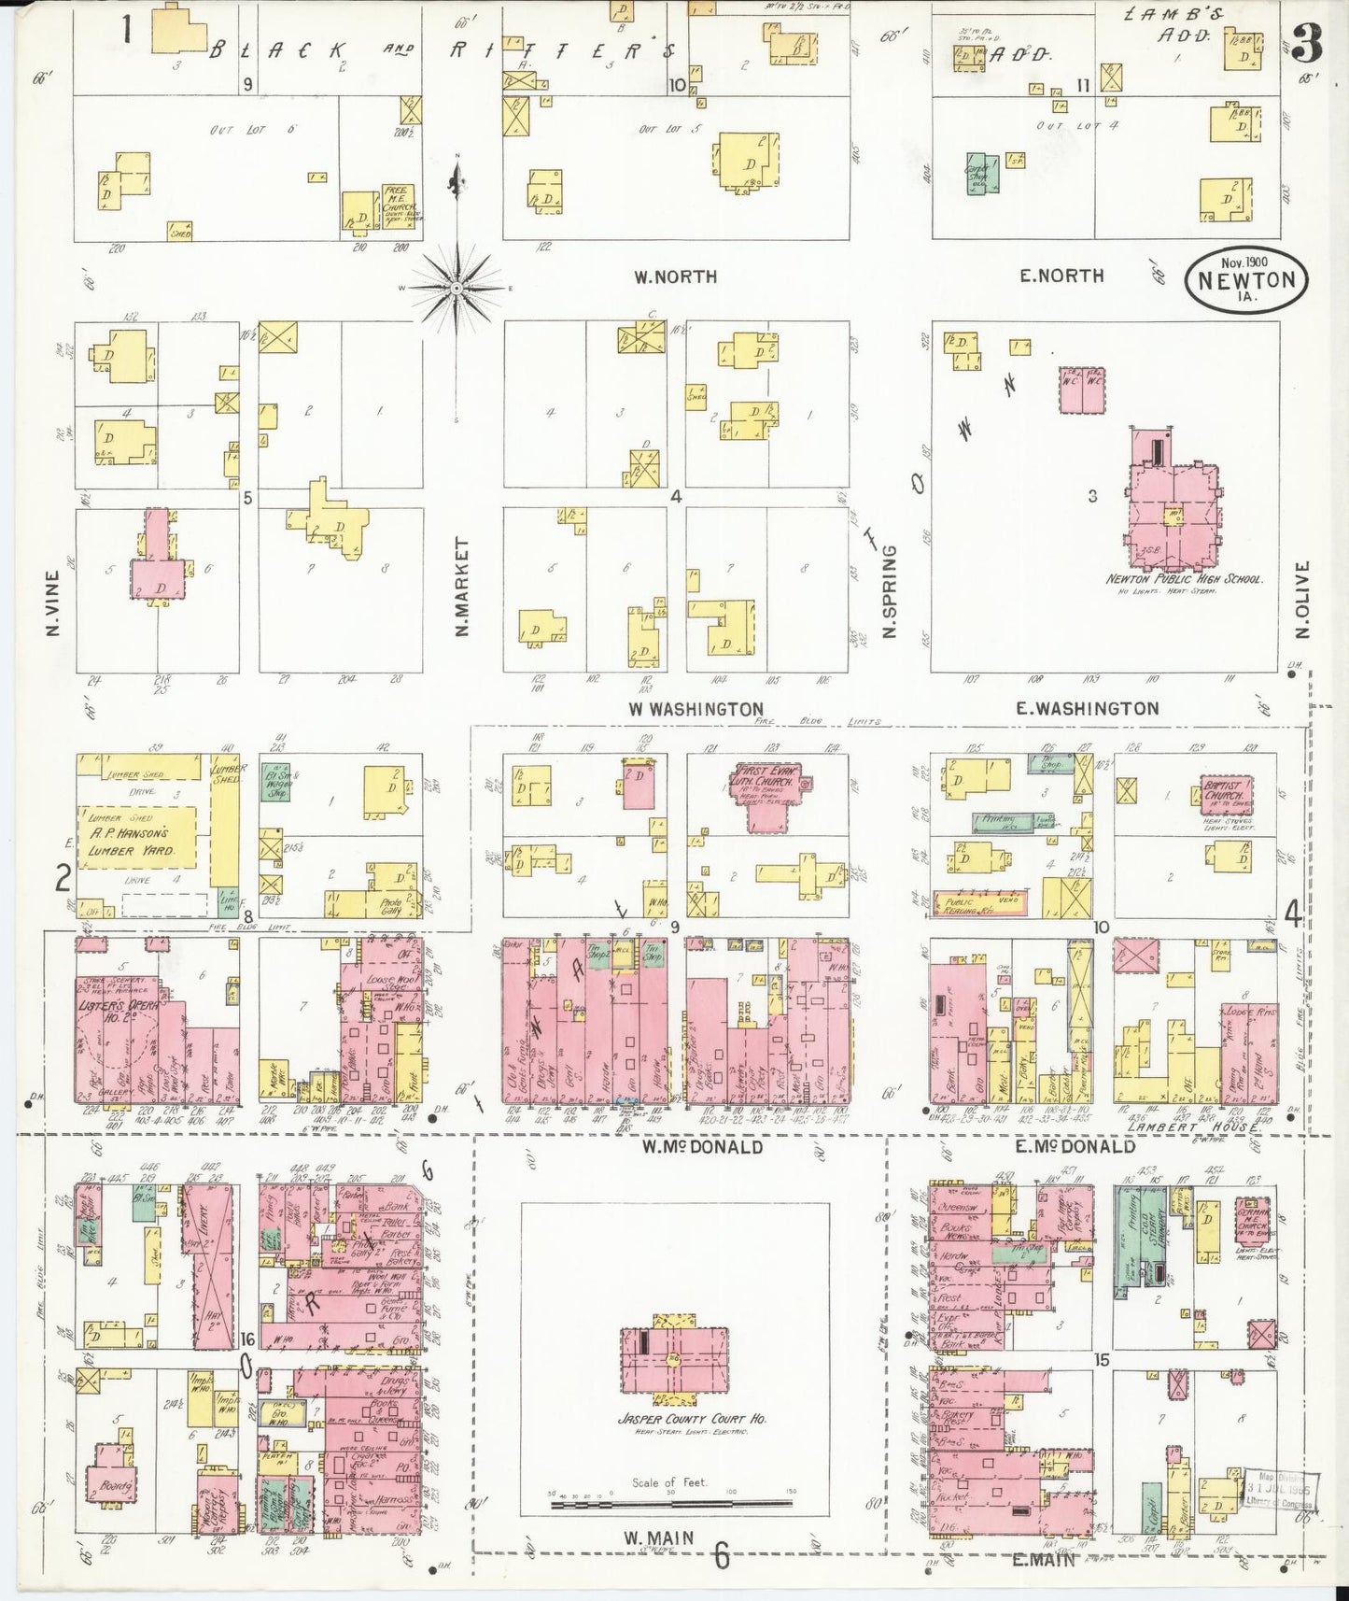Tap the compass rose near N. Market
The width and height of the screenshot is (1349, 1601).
[457, 288]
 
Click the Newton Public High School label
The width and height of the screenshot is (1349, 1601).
[1184, 579]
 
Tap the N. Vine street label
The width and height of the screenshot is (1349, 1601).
[52, 602]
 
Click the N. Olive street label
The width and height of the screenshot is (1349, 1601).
[1303, 600]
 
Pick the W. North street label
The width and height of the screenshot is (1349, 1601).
[675, 276]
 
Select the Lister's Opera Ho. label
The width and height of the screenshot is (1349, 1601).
[117, 1015]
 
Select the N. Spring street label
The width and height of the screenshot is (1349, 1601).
[889, 591]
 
